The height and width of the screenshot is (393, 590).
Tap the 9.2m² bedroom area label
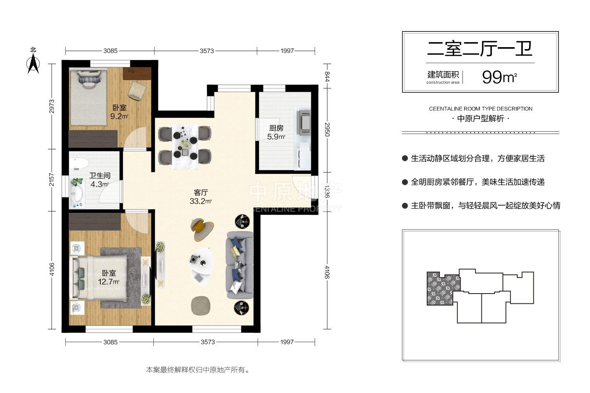click(x=119, y=112)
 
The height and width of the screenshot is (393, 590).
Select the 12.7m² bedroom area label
click(x=109, y=277)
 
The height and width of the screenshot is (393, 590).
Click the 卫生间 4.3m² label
click(x=100, y=180)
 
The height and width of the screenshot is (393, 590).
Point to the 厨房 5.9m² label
click(x=276, y=132)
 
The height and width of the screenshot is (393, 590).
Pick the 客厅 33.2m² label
click(x=201, y=196)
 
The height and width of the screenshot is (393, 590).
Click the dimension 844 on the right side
click(x=327, y=76)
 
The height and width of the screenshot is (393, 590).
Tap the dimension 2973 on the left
click(x=52, y=107)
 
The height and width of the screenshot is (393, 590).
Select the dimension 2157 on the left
click(x=52, y=180)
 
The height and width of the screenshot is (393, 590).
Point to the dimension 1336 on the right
click(x=327, y=191)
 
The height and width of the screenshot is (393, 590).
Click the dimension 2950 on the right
click(x=327, y=130)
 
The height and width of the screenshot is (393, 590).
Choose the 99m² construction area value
click(x=500, y=77)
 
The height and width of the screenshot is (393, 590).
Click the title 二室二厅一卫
click(x=480, y=49)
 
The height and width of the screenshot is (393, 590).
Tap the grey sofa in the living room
click(x=240, y=265)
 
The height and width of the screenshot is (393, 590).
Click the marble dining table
click(x=185, y=147)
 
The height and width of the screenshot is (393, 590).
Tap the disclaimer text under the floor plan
click(x=198, y=370)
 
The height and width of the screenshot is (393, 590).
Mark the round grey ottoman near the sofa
click(x=201, y=305)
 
